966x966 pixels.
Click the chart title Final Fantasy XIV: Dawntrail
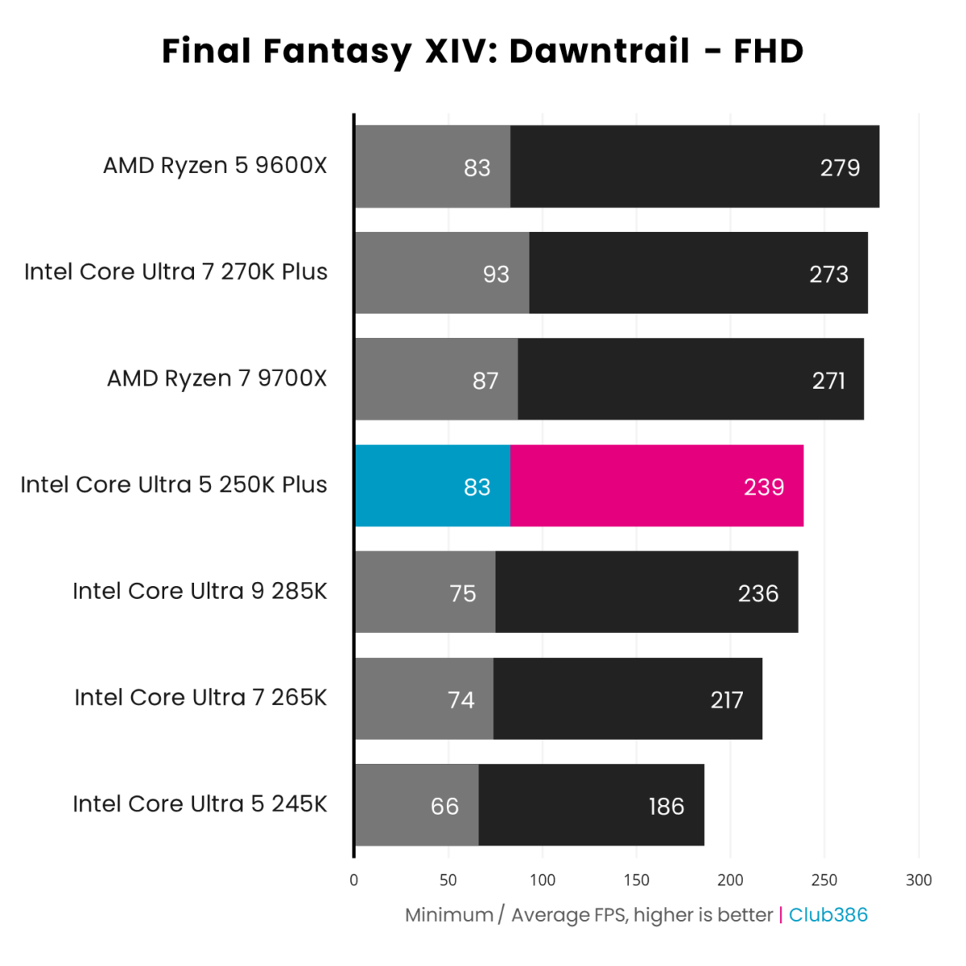pos(482,51)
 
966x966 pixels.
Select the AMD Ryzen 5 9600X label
pos(215,166)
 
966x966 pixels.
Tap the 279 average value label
pos(840,167)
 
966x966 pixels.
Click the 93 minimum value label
pos(496,275)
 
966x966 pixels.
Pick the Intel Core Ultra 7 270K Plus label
pos(175,272)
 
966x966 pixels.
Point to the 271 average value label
pos(828,380)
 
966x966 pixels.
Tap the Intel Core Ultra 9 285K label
pos(200,592)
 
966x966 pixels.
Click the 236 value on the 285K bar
pos(758,593)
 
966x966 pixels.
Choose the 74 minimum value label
pos(461,700)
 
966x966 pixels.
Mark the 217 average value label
pos(726,700)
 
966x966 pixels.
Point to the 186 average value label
pos(666,806)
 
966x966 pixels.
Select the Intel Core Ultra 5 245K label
pos(200,804)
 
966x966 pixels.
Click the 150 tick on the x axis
pos(636,880)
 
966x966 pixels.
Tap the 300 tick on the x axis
pos(919,880)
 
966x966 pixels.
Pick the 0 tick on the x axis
pos(354,880)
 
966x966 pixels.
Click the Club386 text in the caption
pos(828,915)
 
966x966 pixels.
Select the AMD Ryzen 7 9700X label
pos(217,378)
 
